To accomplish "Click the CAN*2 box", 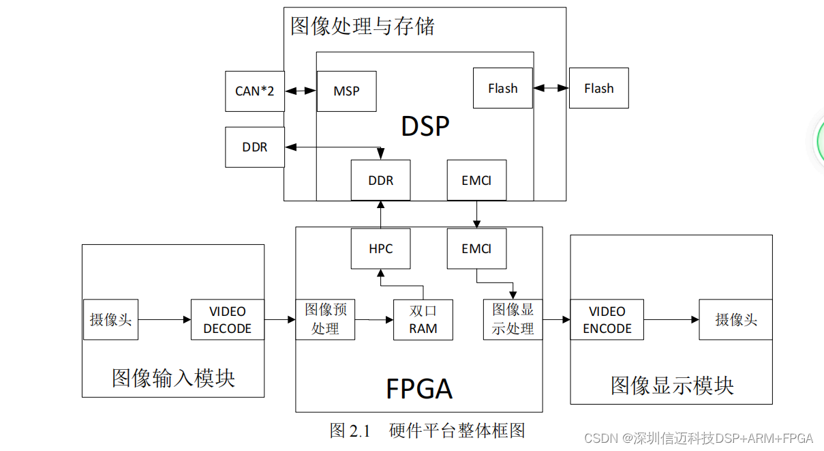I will coord(255,91).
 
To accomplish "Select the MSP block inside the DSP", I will coord(346,91).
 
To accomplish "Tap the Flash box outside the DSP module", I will coord(598,88).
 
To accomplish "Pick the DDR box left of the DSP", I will coord(255,147).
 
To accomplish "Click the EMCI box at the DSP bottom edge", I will coord(476,180).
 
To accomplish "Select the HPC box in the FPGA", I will coord(380,248).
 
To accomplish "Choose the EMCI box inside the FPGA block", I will coord(476,248).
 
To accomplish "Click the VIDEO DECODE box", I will coord(228,320).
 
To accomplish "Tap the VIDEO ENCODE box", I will coord(607,320).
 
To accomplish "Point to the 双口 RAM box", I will coord(423,320).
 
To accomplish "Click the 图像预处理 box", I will coord(325,319).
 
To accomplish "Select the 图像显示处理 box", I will coord(513,319).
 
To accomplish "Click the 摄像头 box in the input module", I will coord(110,319).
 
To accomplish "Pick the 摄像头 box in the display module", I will coord(735,319).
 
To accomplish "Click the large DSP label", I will coord(425,127).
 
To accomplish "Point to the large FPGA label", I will coord(418,389).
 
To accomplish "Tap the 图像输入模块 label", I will coord(173,377).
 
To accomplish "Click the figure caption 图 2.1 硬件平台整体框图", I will coord(427,431).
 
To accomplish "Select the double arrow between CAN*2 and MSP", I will coord(301,90).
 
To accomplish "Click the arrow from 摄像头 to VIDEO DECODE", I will coord(164,319).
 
